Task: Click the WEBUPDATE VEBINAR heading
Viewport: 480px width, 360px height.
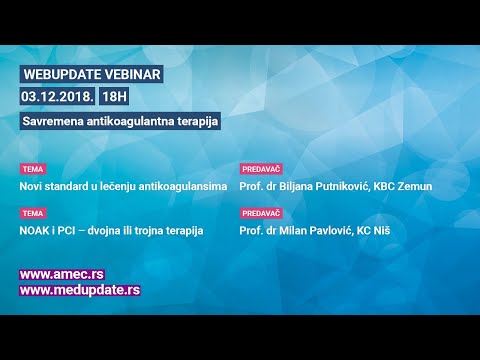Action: tap(90, 75)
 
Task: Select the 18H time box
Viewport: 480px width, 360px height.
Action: tap(115, 97)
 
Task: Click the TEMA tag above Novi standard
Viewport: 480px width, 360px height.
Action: tap(33, 170)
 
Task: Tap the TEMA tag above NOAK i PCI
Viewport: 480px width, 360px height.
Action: tap(33, 213)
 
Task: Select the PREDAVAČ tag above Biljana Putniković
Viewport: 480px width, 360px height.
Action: tap(261, 170)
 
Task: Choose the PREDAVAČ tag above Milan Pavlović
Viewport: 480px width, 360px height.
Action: tap(261, 213)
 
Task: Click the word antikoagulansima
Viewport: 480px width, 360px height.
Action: tap(178, 186)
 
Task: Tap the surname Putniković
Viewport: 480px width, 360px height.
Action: tap(337, 186)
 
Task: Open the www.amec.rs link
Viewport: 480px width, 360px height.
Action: tap(62, 274)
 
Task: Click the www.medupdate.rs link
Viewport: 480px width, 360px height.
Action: tap(80, 290)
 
